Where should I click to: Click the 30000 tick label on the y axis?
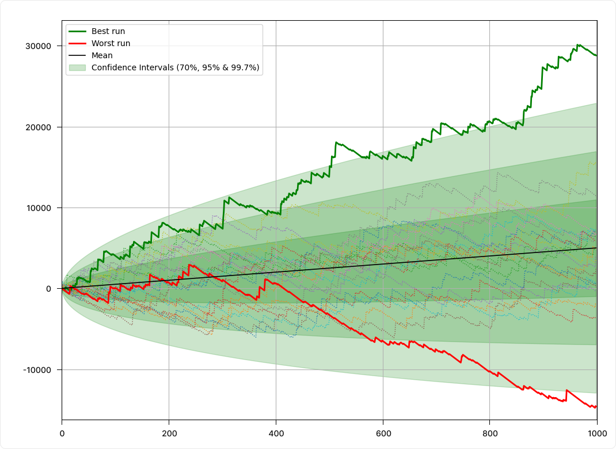38,46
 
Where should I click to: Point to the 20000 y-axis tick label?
38,127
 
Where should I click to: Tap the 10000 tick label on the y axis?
38,208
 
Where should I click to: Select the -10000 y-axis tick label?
37,370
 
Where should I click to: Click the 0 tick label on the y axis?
49,289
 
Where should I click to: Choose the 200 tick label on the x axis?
169,433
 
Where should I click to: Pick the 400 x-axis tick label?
276,433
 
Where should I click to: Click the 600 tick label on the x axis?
383,433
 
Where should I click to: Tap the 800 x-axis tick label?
490,433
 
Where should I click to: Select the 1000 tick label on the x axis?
597,433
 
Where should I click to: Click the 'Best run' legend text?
108,31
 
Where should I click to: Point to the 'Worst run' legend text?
111,43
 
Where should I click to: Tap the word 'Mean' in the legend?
102,55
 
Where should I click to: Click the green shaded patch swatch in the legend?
77,67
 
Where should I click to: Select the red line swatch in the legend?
77,43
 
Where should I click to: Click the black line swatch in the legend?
77,55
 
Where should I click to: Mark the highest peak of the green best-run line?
577,45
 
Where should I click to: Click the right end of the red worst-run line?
596,406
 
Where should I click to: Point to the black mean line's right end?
597,248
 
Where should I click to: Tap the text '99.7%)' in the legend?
245,67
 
